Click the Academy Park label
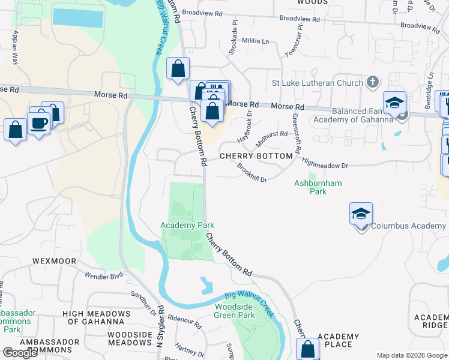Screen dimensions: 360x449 pos(187,225)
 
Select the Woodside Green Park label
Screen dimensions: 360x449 pos(235,311)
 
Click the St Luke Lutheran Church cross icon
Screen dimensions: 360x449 pos(372,82)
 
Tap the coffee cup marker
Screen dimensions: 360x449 pos(40,124)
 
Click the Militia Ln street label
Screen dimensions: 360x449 pos(256,41)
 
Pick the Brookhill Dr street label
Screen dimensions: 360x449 pos(252,172)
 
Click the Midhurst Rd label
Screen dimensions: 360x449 pos(272,138)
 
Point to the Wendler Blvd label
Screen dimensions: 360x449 pos(107,276)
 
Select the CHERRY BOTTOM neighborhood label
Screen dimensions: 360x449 pos(256,156)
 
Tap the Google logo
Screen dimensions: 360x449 pos(20,353)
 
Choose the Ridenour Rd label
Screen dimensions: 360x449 pos(184,321)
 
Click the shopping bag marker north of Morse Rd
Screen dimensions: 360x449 pos(178,69)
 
